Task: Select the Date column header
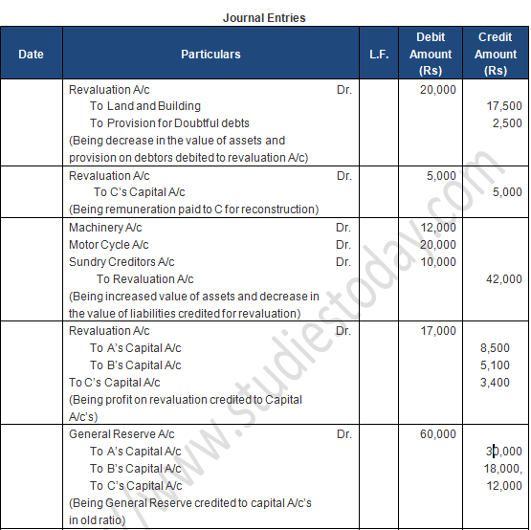coord(32,55)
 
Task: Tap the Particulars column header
coord(210,55)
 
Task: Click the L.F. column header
coord(379,55)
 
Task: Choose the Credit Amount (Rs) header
coord(496,54)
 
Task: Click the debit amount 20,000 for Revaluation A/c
coord(438,89)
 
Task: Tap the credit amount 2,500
coord(507,123)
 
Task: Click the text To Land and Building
coord(145,106)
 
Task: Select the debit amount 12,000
coord(438,228)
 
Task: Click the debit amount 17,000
coord(438,331)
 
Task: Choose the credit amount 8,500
coord(507,348)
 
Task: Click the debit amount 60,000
coord(438,434)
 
